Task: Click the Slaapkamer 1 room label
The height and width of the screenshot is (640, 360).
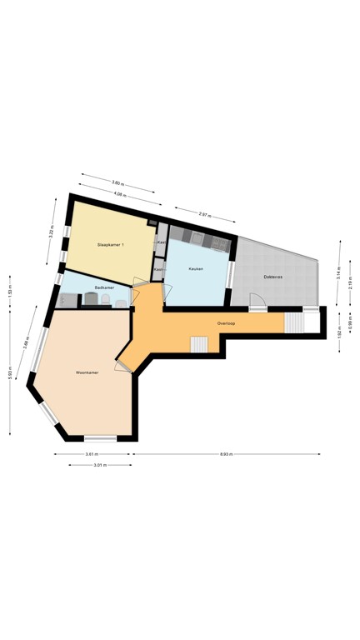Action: tap(111, 244)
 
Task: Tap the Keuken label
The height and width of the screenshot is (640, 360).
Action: tap(197, 269)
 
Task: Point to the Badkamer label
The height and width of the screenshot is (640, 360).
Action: tap(103, 287)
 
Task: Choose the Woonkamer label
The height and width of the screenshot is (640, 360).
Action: tap(87, 372)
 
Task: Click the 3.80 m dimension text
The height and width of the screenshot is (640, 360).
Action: tap(117, 182)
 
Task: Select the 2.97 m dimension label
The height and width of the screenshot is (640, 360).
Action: tap(203, 215)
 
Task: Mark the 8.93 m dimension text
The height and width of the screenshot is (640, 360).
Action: tap(226, 454)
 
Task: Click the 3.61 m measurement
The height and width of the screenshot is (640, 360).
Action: tap(92, 454)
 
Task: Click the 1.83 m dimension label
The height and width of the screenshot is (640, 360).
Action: tap(9, 292)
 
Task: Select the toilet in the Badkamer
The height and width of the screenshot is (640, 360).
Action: tap(120, 302)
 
